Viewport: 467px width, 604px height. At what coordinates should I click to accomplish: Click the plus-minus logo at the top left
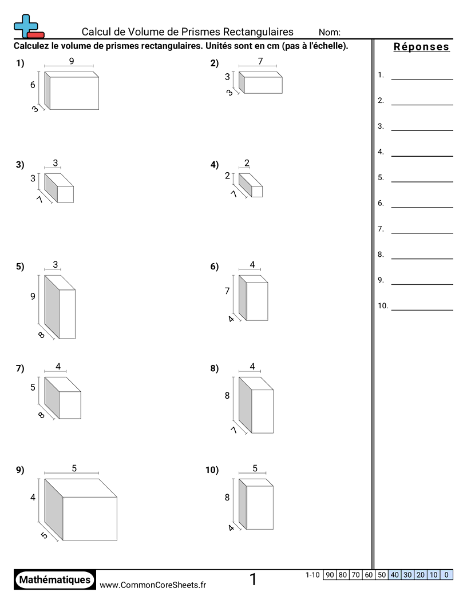(x=29, y=26)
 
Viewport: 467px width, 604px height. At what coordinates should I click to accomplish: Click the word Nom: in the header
(x=330, y=33)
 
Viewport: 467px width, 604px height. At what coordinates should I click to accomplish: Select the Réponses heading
(x=422, y=46)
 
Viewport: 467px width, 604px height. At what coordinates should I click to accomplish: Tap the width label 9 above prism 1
(x=72, y=61)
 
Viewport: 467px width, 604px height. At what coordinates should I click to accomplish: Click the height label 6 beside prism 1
(x=33, y=85)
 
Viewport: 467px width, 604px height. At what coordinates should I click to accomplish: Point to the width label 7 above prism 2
(x=260, y=61)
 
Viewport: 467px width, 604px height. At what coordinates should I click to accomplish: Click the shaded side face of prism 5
(x=52, y=307)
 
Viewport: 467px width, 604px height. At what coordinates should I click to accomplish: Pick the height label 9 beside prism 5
(x=33, y=296)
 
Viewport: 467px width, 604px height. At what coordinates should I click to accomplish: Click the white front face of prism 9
(x=90, y=518)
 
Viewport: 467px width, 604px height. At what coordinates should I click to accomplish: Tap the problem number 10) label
(x=212, y=470)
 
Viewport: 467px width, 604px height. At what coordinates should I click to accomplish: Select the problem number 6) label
(x=214, y=267)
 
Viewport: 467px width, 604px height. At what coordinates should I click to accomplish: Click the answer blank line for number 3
(x=422, y=130)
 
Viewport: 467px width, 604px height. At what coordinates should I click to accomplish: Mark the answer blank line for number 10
(x=422, y=310)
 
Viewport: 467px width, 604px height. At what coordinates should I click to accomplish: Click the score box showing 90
(x=330, y=575)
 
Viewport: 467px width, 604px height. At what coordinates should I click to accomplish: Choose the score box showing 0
(x=446, y=575)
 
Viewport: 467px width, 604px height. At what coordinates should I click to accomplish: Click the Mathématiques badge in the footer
(x=55, y=580)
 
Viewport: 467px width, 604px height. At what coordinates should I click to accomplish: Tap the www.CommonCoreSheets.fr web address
(x=153, y=585)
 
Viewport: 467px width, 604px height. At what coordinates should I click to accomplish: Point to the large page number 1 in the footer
(x=253, y=579)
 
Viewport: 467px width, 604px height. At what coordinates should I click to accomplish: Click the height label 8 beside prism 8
(x=227, y=396)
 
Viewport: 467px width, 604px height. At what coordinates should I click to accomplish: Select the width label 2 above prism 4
(x=247, y=163)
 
